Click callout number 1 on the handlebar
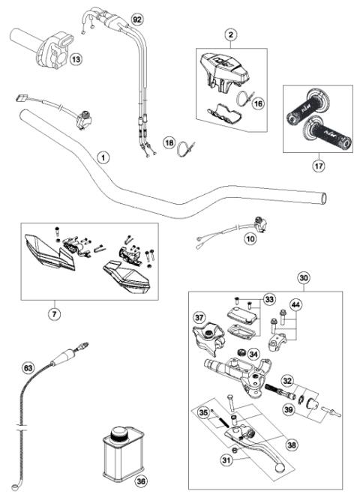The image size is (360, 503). pos(103,157)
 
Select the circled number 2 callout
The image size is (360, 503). pos(231,34)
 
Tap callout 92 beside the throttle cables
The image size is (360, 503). pos(136,17)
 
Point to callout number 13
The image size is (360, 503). pos(76,58)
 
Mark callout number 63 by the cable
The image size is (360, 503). pos(28,368)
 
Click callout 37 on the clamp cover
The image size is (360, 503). pos(199,318)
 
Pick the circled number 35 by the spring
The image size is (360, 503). pos(202,412)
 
